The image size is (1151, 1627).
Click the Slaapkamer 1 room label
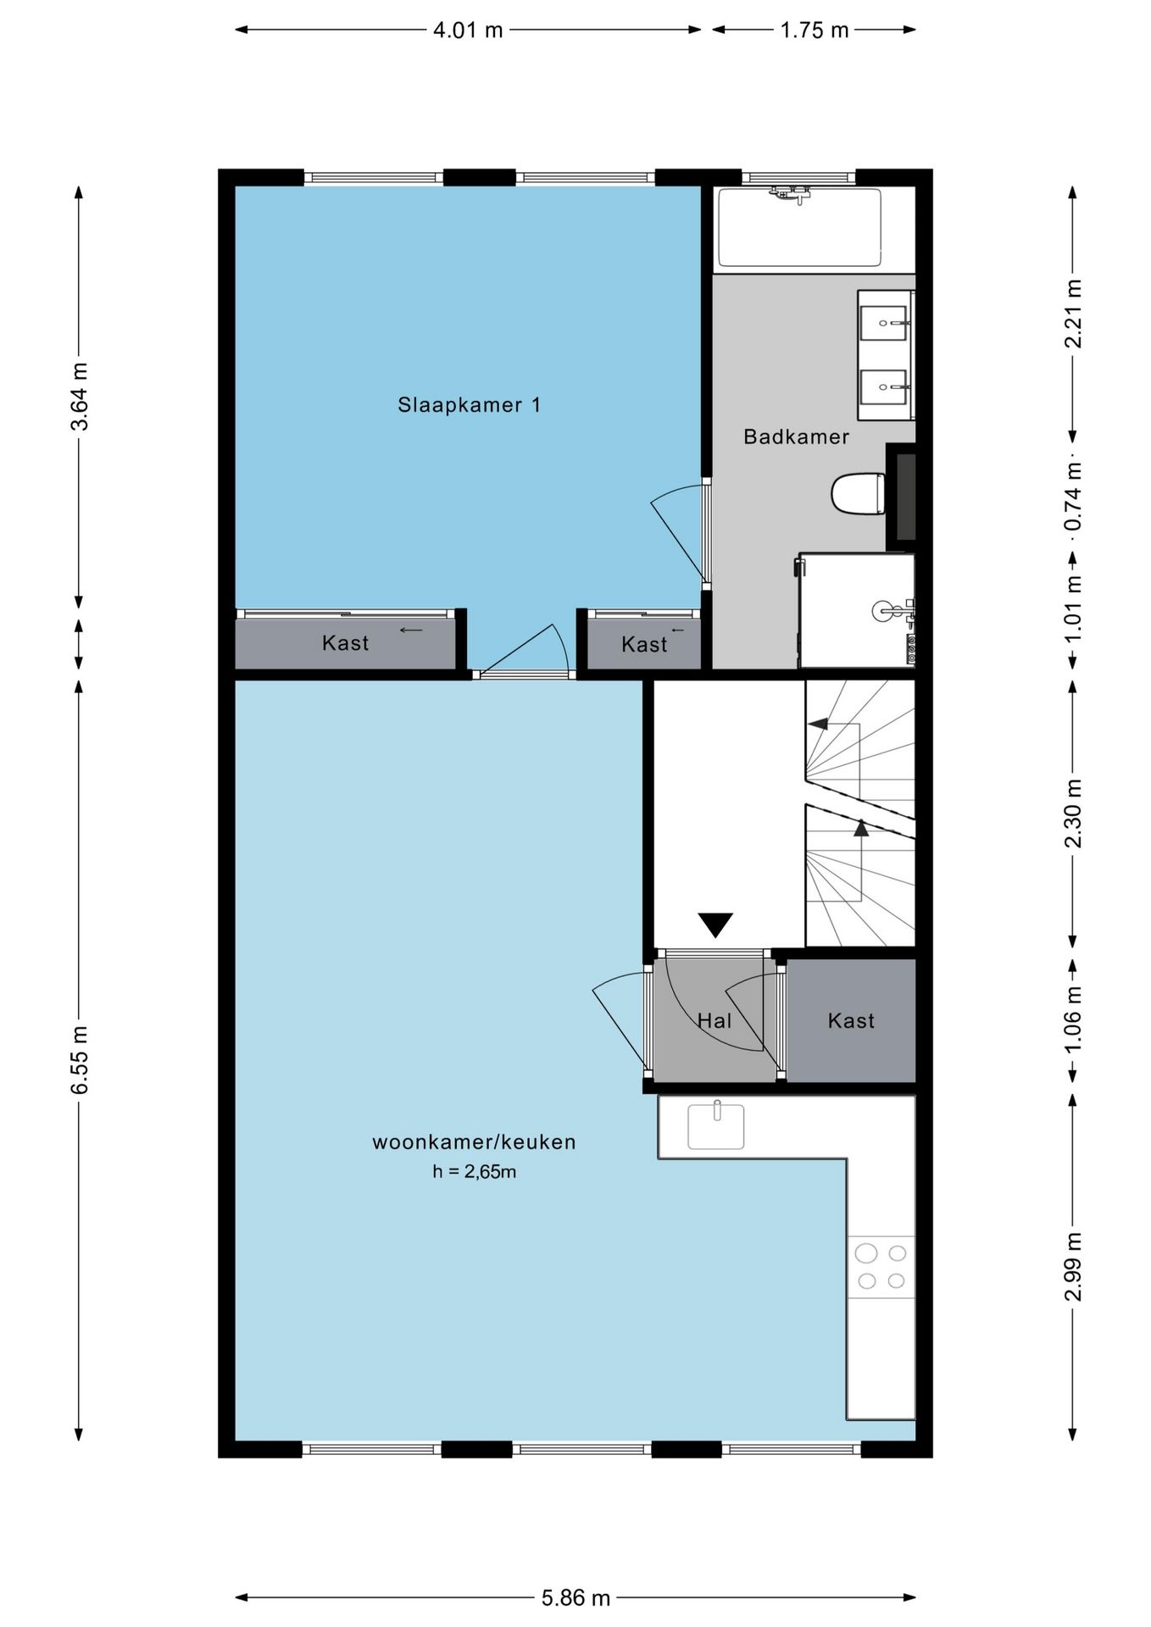point(469,405)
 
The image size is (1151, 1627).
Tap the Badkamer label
point(796,437)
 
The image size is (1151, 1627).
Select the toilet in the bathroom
point(857,494)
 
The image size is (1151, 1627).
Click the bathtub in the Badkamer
point(799,228)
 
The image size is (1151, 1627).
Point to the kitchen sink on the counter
point(715,1126)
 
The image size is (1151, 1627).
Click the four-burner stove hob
point(881,1267)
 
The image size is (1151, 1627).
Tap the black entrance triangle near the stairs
point(715,925)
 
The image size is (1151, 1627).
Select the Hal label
point(714,1021)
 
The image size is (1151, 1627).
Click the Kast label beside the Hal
point(851,1021)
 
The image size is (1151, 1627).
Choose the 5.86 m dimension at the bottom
point(575,1598)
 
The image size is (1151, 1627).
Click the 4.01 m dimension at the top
point(468,31)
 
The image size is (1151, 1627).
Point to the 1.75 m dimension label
point(814,31)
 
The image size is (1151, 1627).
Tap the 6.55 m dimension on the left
point(79,1059)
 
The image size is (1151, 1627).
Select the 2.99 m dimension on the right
point(1073,1266)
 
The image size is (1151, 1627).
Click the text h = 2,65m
point(474,1173)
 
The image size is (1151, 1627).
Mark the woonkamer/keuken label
point(474,1142)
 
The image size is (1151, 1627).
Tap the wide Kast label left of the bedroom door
point(345,643)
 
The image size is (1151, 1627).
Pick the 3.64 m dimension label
point(79,397)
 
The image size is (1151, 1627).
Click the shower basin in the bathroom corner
point(856,610)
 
